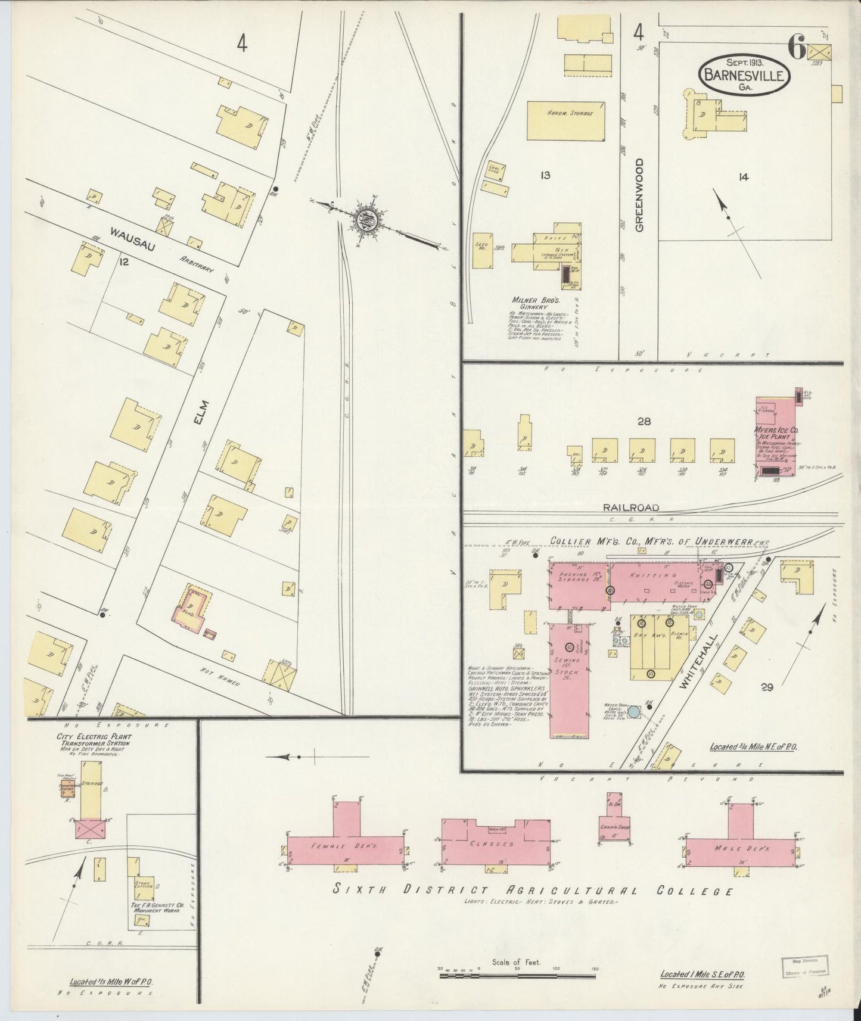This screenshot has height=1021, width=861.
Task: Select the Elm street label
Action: pos(203,412)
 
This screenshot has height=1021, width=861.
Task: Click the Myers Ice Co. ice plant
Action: pos(776,437)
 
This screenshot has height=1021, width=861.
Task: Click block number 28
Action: pos(644,421)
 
